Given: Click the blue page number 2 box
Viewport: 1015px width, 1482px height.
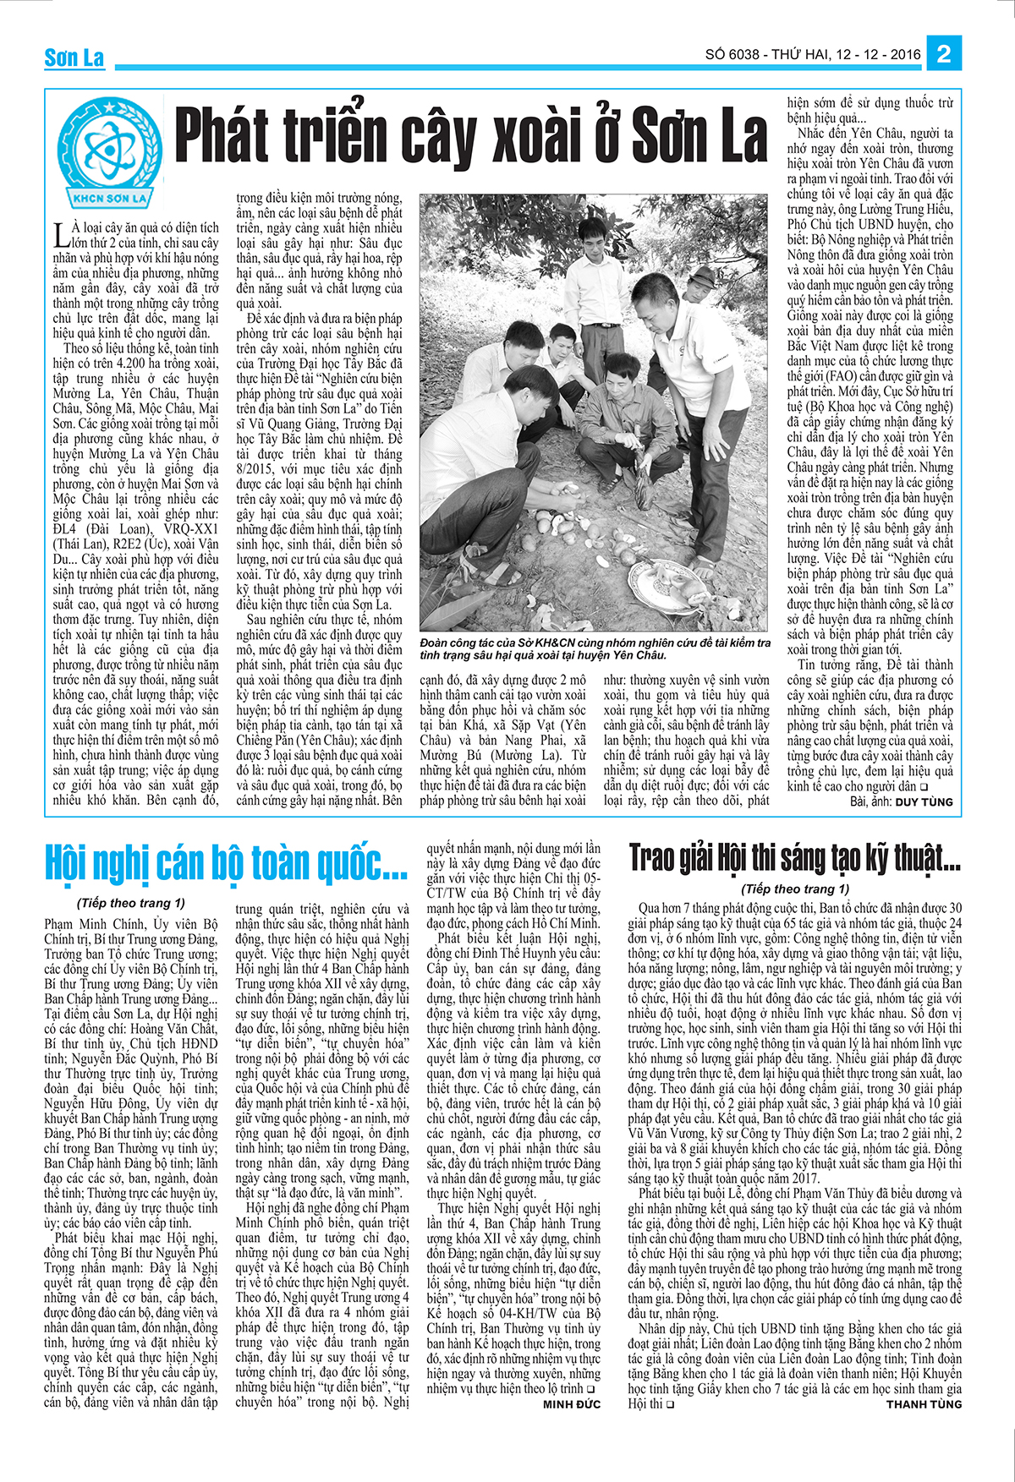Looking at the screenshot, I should click(944, 55).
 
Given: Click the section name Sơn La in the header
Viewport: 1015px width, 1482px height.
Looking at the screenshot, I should click(74, 58).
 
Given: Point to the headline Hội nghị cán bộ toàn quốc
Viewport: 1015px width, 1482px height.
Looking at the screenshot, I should click(227, 863).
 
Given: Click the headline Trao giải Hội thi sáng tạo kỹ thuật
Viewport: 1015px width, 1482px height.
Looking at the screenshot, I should click(794, 858).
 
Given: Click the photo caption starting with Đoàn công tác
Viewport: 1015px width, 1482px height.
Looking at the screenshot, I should click(595, 648).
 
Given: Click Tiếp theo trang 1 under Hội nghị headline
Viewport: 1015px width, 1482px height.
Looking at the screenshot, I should click(130, 903).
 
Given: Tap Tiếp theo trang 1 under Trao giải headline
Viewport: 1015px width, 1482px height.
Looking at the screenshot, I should click(794, 889).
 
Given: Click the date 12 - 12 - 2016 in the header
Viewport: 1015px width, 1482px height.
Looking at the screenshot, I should click(879, 55).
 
